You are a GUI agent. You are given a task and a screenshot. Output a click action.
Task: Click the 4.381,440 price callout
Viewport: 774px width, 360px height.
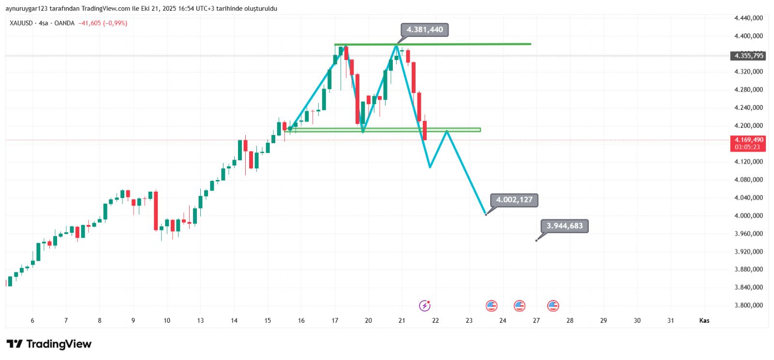(425, 30)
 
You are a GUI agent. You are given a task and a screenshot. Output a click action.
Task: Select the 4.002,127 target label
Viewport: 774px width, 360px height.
(514, 200)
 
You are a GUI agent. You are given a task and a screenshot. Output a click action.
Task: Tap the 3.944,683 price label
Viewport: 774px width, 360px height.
(565, 226)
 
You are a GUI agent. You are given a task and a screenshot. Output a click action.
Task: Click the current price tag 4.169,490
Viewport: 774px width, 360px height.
(748, 140)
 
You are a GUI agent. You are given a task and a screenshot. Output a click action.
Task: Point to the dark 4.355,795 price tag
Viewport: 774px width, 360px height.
(748, 56)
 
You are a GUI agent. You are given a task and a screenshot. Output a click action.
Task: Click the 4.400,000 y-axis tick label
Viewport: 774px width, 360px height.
(748, 36)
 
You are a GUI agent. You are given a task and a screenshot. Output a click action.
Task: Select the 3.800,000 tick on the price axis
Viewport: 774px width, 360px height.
(748, 305)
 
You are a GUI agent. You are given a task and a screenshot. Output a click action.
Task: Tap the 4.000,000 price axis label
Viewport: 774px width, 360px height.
(748, 215)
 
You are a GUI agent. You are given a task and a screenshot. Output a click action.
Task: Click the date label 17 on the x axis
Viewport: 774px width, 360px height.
(335, 320)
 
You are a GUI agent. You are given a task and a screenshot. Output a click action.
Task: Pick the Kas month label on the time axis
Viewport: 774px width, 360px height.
(704, 320)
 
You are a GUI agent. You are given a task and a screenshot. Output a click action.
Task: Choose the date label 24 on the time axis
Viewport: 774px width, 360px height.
(503, 320)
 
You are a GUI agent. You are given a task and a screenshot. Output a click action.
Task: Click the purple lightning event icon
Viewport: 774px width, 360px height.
(424, 305)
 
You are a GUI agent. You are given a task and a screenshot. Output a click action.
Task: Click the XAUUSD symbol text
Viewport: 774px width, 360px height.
(21, 23)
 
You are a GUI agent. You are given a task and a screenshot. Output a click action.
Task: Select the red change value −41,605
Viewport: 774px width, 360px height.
(89, 23)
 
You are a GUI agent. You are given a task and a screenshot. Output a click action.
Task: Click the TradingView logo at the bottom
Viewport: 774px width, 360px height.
(49, 344)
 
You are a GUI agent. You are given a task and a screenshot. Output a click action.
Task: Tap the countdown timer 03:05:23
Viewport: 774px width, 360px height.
(747, 147)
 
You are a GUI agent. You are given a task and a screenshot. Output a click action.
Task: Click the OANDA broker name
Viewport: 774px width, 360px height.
(64, 23)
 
